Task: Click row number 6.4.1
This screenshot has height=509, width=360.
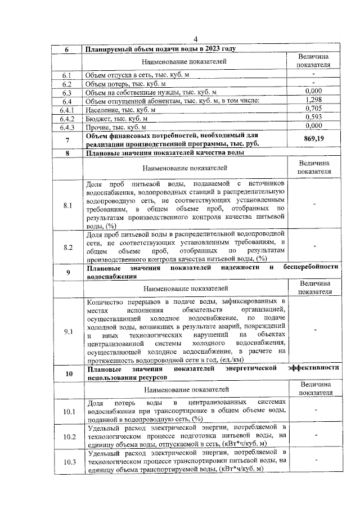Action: click(x=67, y=110)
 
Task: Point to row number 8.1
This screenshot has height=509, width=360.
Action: click(x=67, y=205)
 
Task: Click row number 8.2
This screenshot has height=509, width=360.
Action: click(x=67, y=247)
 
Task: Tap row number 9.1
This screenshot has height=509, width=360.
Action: click(x=67, y=331)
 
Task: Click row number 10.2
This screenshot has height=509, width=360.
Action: click(x=67, y=436)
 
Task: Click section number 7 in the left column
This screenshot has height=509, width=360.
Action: click(x=67, y=139)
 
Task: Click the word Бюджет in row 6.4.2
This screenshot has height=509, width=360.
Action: click(x=97, y=119)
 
